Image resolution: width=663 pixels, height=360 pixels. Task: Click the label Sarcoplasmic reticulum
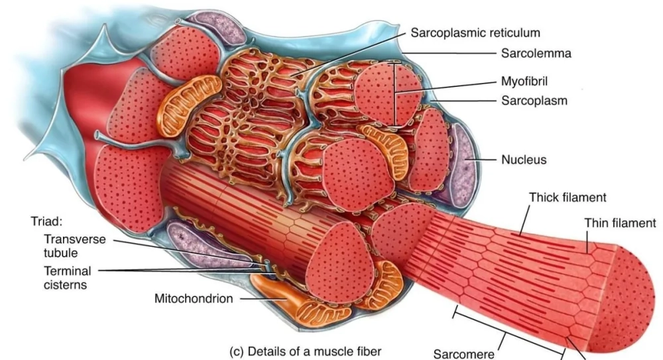[475, 32]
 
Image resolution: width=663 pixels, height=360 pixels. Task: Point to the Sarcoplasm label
[534, 101]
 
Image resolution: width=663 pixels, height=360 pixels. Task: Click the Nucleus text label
[524, 160]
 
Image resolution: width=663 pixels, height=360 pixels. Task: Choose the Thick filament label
[568, 198]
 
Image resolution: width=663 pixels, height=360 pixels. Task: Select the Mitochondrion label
[194, 298]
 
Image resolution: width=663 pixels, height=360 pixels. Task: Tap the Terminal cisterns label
[68, 277]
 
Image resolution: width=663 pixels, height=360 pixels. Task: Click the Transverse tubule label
[74, 246]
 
